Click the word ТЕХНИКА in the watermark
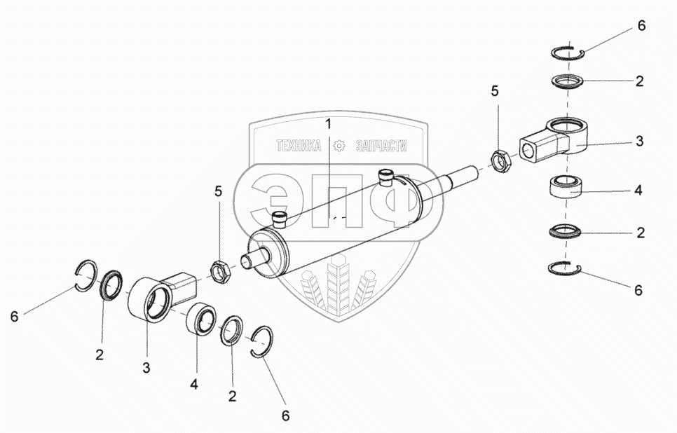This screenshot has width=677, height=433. [299, 146]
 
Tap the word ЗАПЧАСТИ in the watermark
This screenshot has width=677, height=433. [381, 146]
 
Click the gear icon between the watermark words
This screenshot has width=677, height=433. [340, 146]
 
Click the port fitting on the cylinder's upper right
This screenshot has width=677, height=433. [385, 176]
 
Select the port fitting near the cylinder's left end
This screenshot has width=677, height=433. [279, 219]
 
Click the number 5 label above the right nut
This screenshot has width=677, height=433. [495, 91]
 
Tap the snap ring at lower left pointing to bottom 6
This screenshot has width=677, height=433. [262, 343]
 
